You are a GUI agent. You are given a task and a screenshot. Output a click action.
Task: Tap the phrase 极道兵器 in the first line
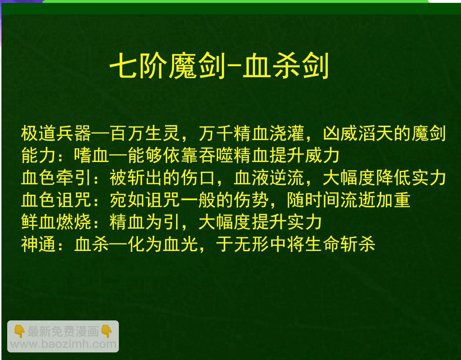coord(56,133)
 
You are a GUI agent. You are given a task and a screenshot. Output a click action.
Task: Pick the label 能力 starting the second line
coord(39,156)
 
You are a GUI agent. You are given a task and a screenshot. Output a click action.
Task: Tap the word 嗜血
coord(91,156)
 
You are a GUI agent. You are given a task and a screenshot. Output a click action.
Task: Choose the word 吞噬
coord(215,156)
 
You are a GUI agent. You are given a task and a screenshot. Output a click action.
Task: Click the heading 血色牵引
coord(56,178)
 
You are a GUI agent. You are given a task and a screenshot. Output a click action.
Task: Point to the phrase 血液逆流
coord(269,178)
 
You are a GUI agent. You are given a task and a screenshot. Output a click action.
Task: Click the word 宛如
coord(127,200)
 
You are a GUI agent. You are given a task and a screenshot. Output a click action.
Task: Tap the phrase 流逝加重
coord(375,200)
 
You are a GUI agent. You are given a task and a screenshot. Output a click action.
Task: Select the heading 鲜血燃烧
coord(56,222)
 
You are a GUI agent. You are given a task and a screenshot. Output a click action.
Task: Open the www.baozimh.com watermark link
coord(63,344)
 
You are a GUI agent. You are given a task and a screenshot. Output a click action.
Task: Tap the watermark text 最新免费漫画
coord(63,331)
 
